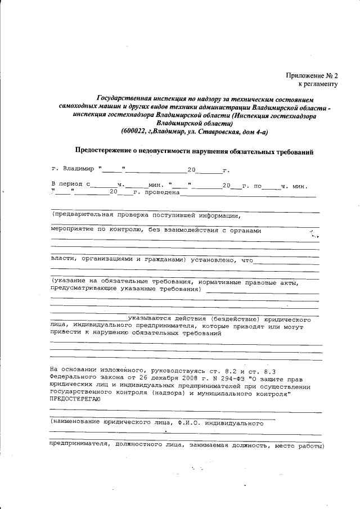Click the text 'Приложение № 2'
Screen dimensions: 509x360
pos(312,75)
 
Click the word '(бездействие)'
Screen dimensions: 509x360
pos(238,318)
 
